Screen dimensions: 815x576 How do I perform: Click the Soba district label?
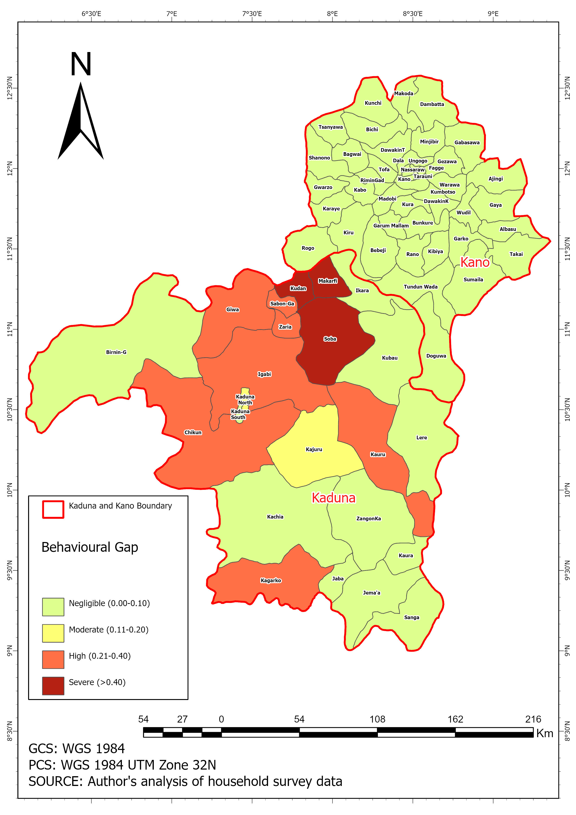[x=330, y=339]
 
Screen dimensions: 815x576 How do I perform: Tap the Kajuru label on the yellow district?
[x=314, y=449]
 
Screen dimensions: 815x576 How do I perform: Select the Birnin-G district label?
[x=116, y=352]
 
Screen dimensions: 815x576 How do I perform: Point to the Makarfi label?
[x=327, y=281]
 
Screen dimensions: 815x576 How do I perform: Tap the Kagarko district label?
[x=271, y=580]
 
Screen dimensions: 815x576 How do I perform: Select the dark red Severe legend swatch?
[x=53, y=686]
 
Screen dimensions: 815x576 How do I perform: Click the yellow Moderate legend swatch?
[x=53, y=633]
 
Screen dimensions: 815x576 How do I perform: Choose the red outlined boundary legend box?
[x=53, y=510]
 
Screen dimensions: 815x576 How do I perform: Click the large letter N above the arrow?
[x=81, y=64]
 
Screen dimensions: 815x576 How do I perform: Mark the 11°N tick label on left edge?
[x=10, y=329]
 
